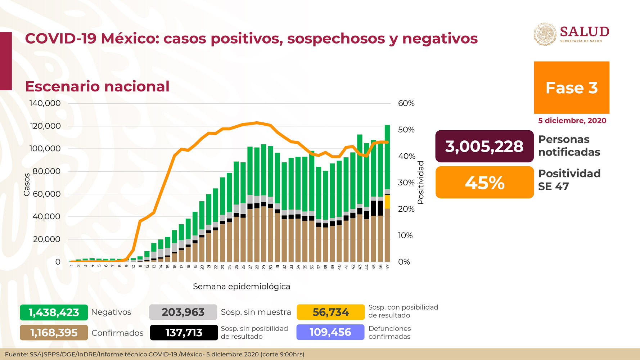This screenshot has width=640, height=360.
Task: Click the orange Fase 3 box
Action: [x=571, y=87]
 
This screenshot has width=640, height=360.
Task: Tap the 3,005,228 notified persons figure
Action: [x=484, y=146]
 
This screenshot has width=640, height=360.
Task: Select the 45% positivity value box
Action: [x=484, y=183]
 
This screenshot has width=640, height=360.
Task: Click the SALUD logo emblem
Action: [x=545, y=35]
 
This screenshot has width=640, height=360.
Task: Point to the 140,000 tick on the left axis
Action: [x=45, y=103]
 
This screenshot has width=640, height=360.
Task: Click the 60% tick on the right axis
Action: [x=406, y=103]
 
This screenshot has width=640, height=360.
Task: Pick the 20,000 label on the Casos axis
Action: [x=47, y=239]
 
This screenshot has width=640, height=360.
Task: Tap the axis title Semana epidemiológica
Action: [x=241, y=287]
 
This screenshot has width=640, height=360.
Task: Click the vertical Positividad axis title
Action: [x=420, y=183]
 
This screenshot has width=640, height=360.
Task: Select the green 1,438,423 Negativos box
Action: [x=54, y=312]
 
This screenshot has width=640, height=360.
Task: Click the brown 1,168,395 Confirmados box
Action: [x=54, y=333]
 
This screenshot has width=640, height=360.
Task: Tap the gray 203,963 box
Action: [x=183, y=312]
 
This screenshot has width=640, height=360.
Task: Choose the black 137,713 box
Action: [x=184, y=333]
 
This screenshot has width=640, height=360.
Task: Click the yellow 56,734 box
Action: [x=330, y=312]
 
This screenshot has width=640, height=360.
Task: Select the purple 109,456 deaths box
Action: [x=330, y=332]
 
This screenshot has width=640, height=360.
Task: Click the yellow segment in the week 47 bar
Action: [x=387, y=202]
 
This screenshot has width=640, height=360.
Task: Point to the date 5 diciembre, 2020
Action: [x=572, y=121]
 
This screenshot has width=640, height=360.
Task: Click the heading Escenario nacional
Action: [x=97, y=86]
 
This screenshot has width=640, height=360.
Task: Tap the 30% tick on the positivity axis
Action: [x=406, y=183]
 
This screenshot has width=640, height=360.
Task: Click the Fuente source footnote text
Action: [x=155, y=354]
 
